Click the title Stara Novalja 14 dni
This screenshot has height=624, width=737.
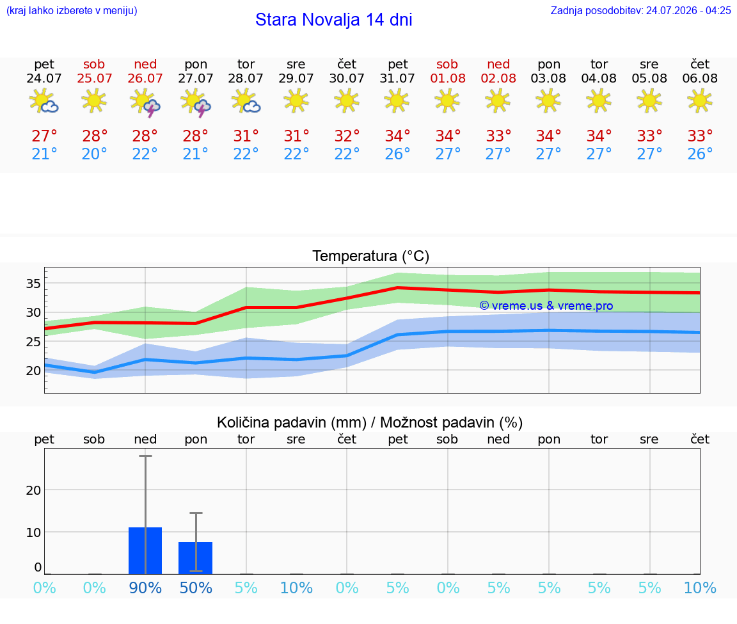tap(334, 20)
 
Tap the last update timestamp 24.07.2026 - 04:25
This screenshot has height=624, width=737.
tap(688, 10)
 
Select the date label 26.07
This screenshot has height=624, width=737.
tap(145, 78)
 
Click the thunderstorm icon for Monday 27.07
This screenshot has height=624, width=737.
tap(196, 102)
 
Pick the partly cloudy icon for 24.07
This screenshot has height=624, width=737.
tap(44, 100)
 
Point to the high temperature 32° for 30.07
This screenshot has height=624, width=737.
tap(347, 136)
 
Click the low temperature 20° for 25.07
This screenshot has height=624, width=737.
tap(95, 154)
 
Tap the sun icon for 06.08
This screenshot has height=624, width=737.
tap(700, 100)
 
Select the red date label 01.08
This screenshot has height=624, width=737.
tap(448, 78)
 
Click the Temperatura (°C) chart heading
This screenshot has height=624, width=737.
tap(371, 256)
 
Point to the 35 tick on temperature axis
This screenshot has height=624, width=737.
tap(33, 284)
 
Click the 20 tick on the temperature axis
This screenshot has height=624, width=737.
tap(33, 371)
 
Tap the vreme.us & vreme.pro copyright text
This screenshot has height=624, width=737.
tap(546, 306)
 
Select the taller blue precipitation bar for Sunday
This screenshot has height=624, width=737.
tap(145, 550)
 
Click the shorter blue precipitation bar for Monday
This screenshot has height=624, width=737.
tap(196, 558)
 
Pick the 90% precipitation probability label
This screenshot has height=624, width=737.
tap(145, 588)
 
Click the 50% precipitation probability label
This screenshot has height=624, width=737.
tap(196, 588)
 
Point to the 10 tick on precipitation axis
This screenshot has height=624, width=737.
tap(33, 532)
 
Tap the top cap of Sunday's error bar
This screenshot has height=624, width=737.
tap(145, 456)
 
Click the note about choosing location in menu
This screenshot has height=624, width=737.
tap(72, 10)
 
